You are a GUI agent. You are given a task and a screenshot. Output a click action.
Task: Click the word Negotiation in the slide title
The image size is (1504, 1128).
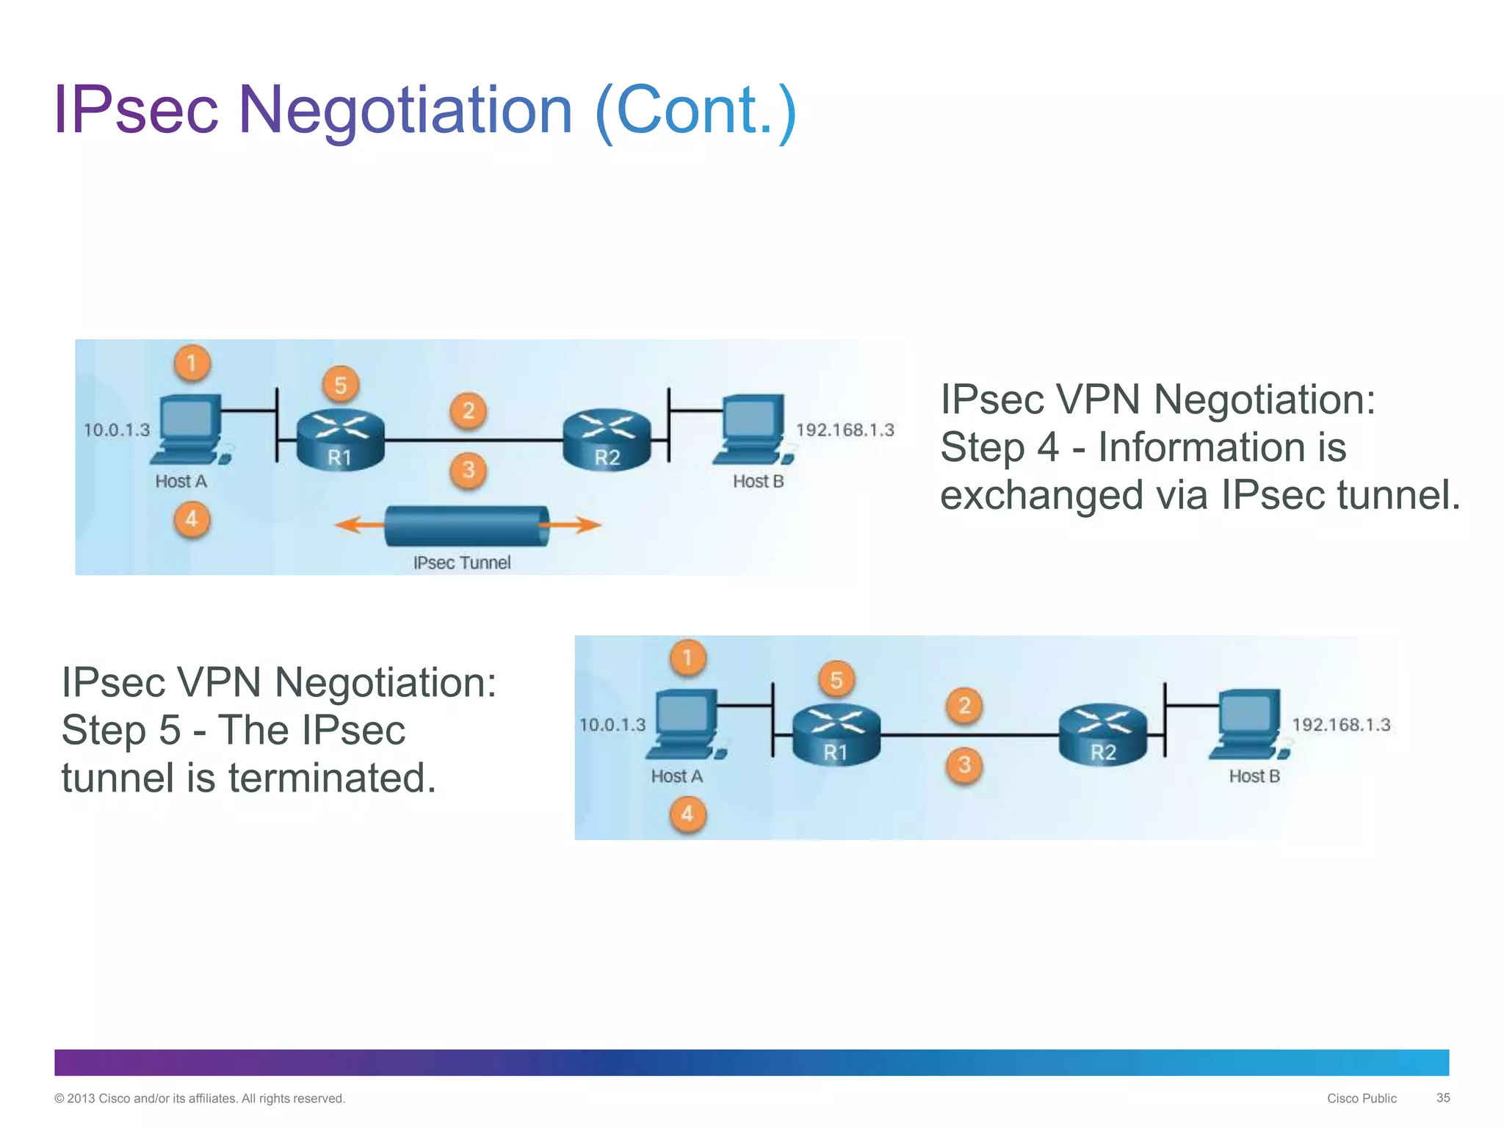pyautogui.click(x=405, y=110)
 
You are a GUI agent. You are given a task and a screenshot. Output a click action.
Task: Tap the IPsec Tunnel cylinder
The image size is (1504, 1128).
pyautogui.click(x=467, y=526)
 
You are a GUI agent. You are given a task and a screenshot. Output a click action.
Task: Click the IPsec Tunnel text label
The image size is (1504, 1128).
pyautogui.click(x=462, y=563)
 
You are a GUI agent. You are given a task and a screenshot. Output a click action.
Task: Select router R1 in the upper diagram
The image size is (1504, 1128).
pyautogui.click(x=340, y=439)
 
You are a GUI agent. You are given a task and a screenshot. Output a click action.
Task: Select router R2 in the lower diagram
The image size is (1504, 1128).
pyautogui.click(x=1102, y=734)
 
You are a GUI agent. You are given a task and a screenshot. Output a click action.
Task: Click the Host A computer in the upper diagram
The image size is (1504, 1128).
pyautogui.click(x=189, y=430)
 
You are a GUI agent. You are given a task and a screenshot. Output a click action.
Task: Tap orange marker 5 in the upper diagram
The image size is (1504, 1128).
pyautogui.click(x=340, y=386)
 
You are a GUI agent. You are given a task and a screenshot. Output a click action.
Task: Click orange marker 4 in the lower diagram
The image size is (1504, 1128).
pyautogui.click(x=687, y=814)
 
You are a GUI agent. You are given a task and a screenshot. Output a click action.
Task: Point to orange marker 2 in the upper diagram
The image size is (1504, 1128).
pyautogui.click(x=469, y=411)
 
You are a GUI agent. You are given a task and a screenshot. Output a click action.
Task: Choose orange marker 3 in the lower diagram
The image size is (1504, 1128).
pyautogui.click(x=964, y=765)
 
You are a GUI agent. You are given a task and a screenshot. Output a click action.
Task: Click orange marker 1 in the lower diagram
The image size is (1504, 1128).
pyautogui.click(x=687, y=657)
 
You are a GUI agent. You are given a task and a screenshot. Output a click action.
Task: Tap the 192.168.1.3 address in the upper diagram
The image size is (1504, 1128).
pyautogui.click(x=845, y=430)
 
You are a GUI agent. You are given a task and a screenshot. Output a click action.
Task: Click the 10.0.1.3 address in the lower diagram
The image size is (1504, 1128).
pyautogui.click(x=612, y=726)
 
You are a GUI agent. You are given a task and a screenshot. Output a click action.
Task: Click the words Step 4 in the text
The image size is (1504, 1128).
pyautogui.click(x=999, y=447)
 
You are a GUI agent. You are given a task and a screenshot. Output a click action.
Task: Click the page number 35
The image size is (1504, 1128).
pyautogui.click(x=1442, y=1098)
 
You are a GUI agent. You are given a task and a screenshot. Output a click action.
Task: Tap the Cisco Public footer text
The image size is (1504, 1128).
pyautogui.click(x=1361, y=1099)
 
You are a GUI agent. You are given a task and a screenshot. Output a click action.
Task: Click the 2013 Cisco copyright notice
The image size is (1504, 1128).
pyautogui.click(x=199, y=1099)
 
